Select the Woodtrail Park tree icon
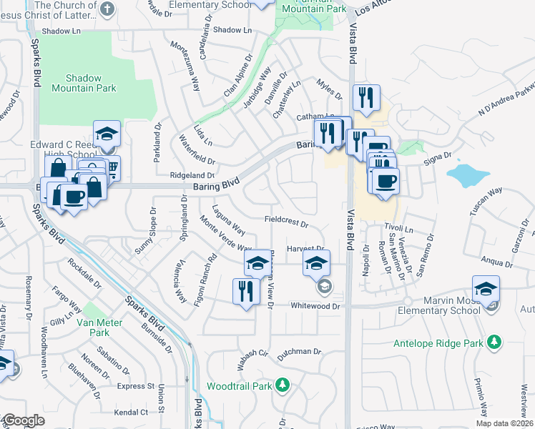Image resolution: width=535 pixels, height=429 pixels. click(x=283, y=385)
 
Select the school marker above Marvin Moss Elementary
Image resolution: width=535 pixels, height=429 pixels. click(x=486, y=290)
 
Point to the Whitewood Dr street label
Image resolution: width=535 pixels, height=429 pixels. click(x=318, y=305)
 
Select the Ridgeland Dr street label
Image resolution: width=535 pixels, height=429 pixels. click(x=192, y=175)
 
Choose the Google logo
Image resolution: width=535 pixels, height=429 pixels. click(x=23, y=420)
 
